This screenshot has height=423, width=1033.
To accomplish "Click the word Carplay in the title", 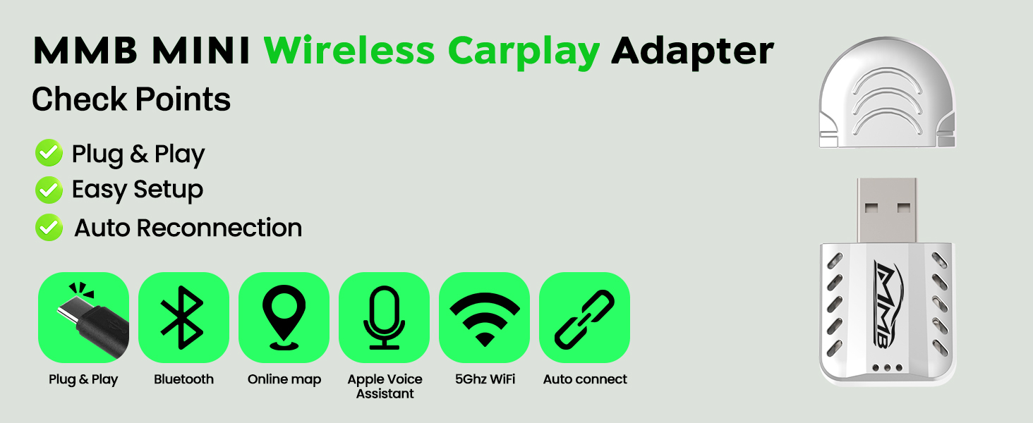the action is pos(524,51).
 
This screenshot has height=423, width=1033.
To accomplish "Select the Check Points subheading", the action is pos(131,99).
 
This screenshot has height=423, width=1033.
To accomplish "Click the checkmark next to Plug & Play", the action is pos(49,152).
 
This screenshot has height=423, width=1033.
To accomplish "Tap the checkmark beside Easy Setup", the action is pos(49,190).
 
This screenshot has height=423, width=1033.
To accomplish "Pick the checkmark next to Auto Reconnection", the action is pos(49,227).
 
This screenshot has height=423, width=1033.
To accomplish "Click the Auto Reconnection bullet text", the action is pos(188,228).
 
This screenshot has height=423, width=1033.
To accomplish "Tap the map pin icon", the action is pos(284,317).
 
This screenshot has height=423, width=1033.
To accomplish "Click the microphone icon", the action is pos(384,317).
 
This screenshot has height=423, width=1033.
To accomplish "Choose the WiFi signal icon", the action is pos(484,317).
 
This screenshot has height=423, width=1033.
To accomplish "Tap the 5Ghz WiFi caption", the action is pos(485,379).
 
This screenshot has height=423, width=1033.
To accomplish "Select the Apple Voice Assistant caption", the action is pos(385,386).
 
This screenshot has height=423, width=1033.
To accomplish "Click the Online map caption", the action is pos(284,379).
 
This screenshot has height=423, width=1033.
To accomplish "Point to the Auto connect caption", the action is pos(585,379).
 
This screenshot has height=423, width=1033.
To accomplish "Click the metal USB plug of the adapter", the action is pos(887,210).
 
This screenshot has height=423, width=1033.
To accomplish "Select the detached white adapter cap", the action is pos(887,93).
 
